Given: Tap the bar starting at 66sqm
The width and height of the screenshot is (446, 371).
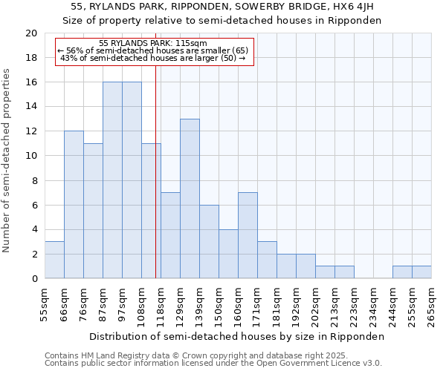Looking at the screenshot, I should click(x=74, y=205).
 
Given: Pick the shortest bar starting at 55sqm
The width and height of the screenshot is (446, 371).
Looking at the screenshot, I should click(x=54, y=260).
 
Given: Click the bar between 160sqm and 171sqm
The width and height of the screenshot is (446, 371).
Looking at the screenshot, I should click(x=248, y=236).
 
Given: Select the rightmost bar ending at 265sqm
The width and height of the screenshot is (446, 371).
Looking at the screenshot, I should click(x=421, y=272).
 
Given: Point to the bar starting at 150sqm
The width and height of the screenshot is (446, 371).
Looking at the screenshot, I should click(x=228, y=255).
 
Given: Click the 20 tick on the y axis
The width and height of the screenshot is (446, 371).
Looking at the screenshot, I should click(x=31, y=33).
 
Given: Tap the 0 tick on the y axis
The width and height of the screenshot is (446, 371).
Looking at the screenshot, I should click(x=34, y=279).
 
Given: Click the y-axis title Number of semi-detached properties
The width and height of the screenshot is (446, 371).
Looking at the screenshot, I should click(x=7, y=160).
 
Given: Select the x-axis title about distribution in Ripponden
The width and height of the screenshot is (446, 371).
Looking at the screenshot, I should click(x=238, y=336).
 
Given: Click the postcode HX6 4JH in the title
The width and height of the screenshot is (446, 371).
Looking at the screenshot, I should click(x=360, y=7).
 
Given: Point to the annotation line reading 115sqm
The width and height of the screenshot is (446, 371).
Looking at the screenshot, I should click(x=154, y=44).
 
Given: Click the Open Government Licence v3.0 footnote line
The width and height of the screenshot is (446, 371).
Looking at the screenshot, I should click(x=213, y=364).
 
